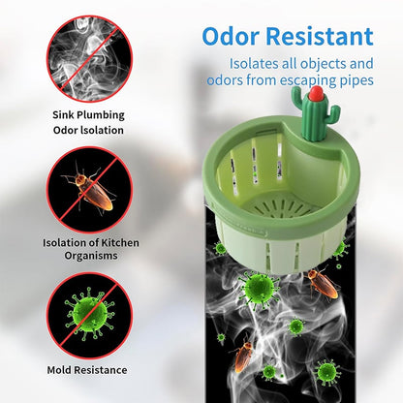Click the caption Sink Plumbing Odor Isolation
[x=88, y=121]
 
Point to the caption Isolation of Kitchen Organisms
[x=88, y=249]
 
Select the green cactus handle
[x=312, y=118]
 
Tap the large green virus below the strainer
[x=260, y=288]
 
